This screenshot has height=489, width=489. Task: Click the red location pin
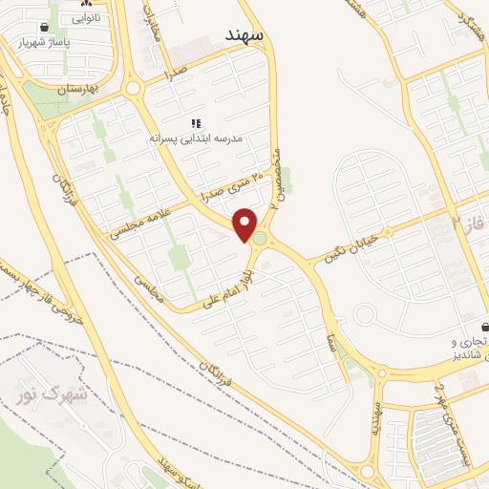(x=245, y=224)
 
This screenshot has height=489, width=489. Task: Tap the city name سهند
(x=246, y=34)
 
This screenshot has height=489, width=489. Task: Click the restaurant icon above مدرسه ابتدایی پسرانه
(x=197, y=123)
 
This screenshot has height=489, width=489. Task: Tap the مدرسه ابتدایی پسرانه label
(x=197, y=138)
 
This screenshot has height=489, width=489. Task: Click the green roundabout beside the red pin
(x=261, y=236)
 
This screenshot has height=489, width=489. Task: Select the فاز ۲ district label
(x=469, y=225)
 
